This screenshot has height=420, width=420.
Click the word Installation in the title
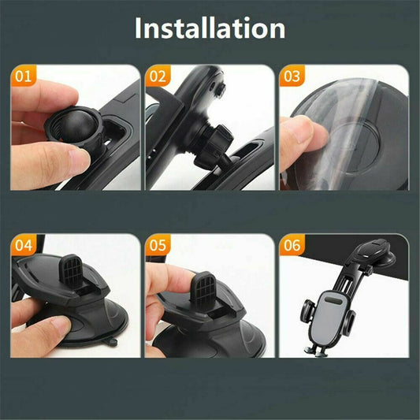click(x=210, y=28)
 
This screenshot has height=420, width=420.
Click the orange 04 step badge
click(x=24, y=245)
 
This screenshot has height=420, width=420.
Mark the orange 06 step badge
click(x=292, y=245)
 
